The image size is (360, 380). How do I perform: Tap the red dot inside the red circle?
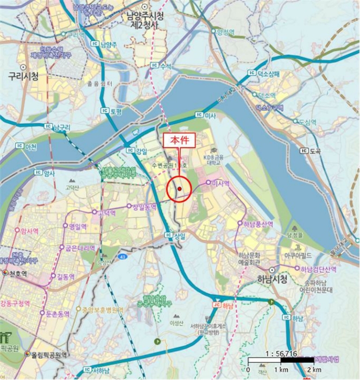pyautogui.click(x=179, y=189)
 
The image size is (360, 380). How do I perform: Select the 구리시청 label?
pyautogui.click(x=23, y=77)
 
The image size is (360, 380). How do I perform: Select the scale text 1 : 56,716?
pyautogui.click(x=281, y=353)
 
